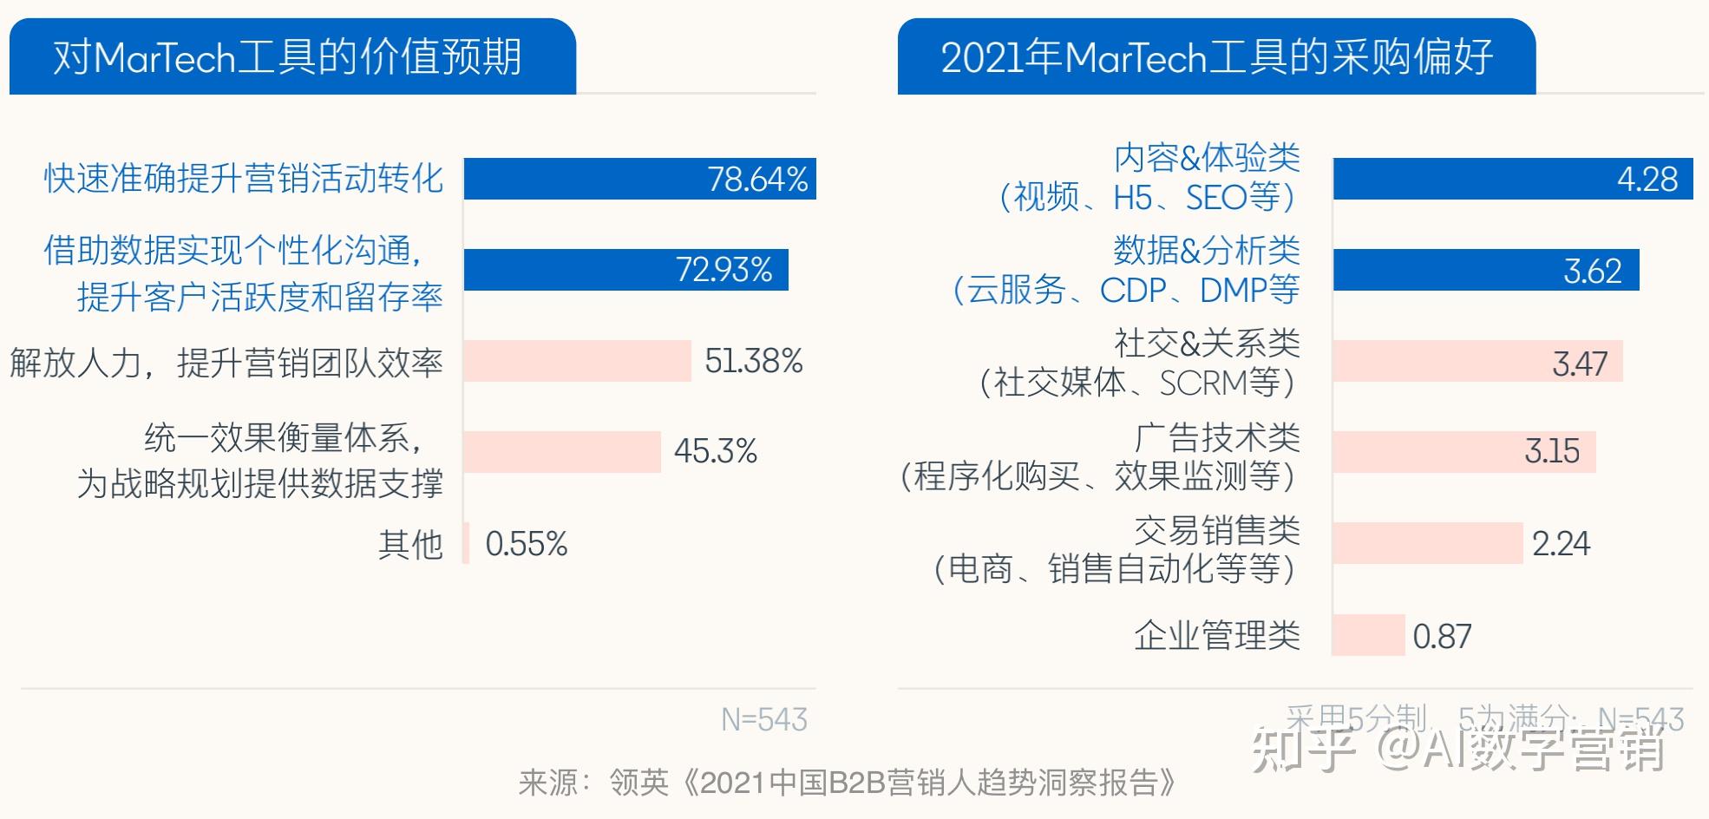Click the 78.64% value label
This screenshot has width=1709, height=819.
757,180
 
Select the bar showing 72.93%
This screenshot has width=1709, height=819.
625,270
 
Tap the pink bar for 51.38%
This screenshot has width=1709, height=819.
577,361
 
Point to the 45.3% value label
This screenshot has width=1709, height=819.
716,451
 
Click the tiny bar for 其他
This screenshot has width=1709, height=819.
467,543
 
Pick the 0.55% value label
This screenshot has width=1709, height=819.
526,544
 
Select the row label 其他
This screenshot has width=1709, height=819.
410,544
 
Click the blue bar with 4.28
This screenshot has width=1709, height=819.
1512,179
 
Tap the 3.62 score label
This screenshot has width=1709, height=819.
1592,271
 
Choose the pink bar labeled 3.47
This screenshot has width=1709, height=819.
1477,362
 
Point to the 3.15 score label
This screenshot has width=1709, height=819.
1552,451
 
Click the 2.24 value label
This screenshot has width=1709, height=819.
1561,544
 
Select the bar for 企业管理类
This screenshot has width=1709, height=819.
1368,635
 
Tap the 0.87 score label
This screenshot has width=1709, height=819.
1442,637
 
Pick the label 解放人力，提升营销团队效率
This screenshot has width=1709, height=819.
226,362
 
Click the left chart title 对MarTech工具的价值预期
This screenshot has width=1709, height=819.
287,57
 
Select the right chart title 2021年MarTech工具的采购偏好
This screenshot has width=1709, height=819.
1216,57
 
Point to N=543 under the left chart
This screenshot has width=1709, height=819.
763,719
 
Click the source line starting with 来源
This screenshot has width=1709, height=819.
847,783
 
